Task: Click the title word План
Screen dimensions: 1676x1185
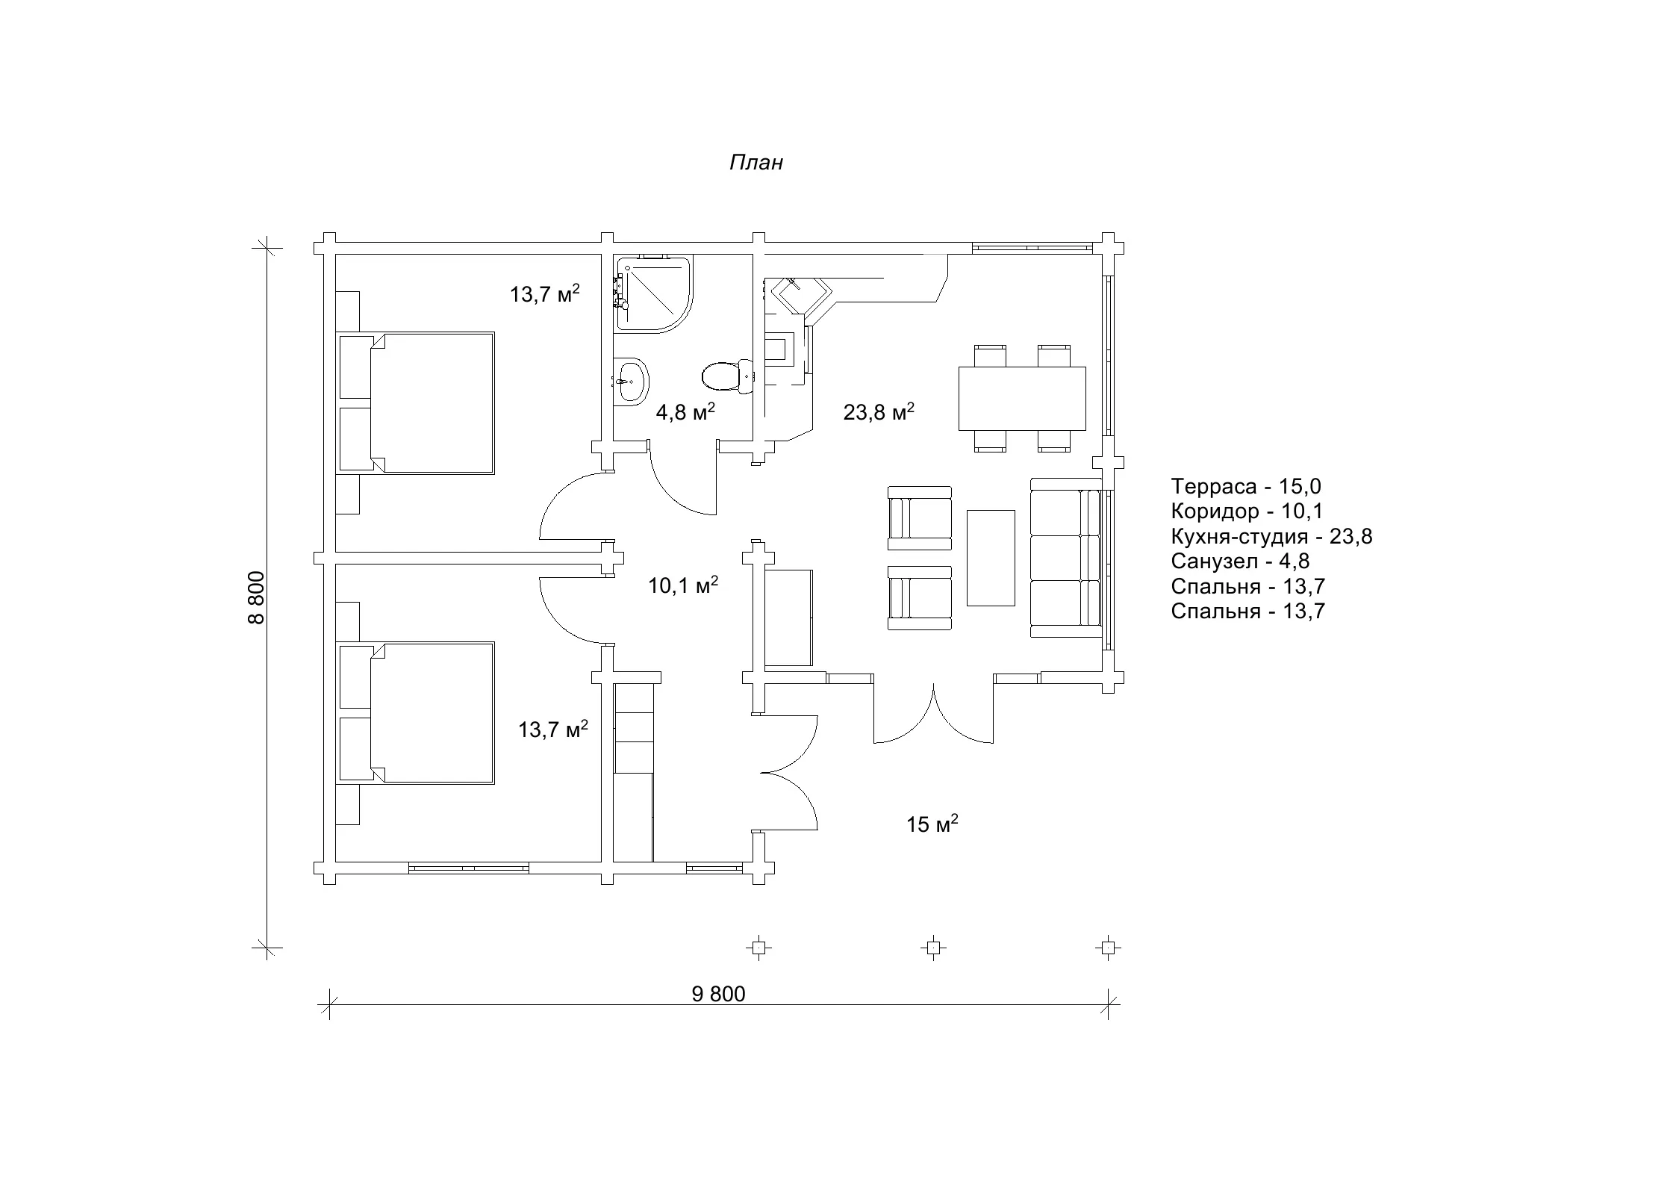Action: (x=756, y=163)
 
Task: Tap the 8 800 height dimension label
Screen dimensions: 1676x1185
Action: (x=257, y=597)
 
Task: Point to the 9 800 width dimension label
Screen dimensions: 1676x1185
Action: (x=718, y=994)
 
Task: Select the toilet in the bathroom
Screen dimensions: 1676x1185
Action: (x=728, y=376)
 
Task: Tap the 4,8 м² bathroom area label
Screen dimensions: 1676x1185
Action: (x=685, y=411)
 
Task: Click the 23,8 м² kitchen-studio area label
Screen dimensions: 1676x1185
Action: (x=879, y=411)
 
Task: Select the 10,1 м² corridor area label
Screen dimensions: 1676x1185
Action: (x=683, y=585)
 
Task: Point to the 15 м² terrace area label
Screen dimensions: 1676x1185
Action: (x=932, y=824)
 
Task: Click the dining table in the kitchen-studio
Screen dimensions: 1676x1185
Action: (x=1022, y=398)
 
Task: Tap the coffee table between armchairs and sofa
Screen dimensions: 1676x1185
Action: (x=991, y=558)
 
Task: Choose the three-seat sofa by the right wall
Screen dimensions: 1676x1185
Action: (x=1066, y=558)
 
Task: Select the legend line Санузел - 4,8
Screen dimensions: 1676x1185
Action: (x=1240, y=562)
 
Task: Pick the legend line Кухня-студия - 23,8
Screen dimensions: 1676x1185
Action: (x=1271, y=537)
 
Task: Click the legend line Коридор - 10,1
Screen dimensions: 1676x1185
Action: (x=1247, y=511)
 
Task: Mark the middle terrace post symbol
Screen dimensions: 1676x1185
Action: (x=932, y=948)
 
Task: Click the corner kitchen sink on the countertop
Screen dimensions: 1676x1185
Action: (x=798, y=299)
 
